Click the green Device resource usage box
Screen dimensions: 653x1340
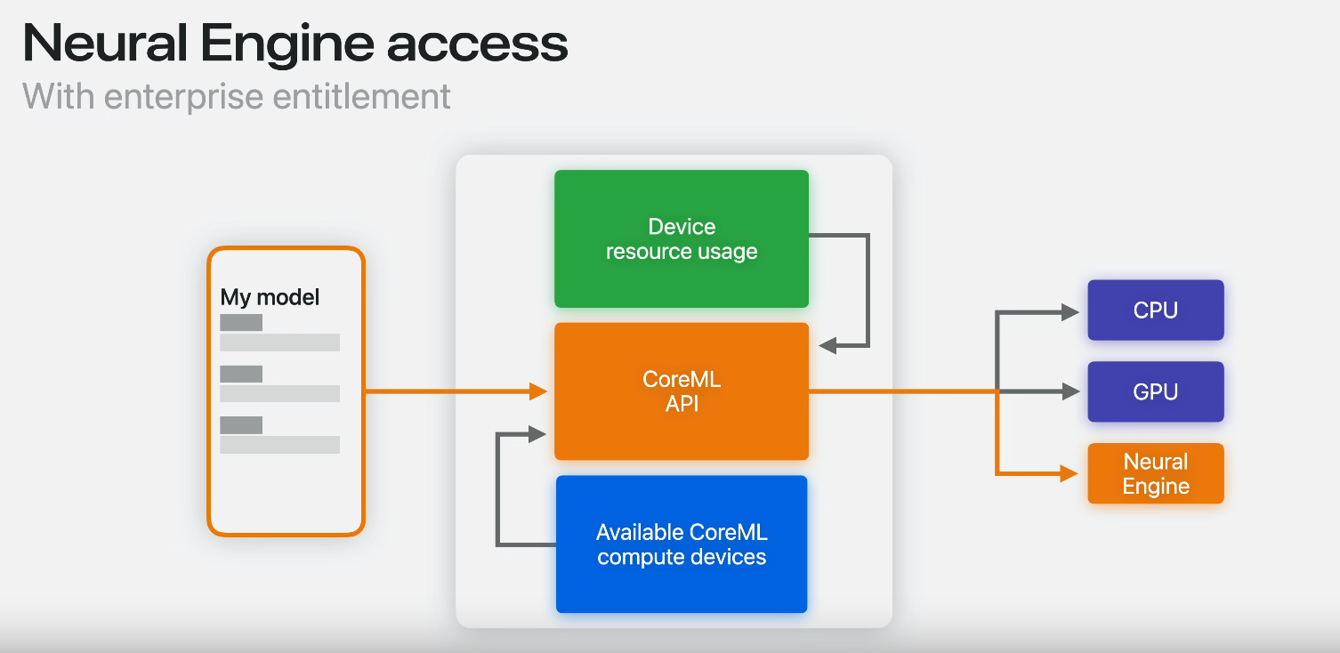(x=682, y=238)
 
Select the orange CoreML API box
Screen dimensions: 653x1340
(x=682, y=391)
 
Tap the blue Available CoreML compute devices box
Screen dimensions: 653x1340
(x=682, y=544)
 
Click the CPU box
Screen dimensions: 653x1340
(x=1156, y=310)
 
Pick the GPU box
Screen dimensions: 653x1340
(x=1156, y=391)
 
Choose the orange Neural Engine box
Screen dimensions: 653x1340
(x=1156, y=473)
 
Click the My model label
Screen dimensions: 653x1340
(x=270, y=297)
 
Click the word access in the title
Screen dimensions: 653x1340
(x=478, y=44)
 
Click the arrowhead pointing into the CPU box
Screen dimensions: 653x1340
(x=1070, y=312)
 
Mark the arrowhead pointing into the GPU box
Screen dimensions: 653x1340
(x=1070, y=391)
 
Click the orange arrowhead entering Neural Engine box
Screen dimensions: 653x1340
(x=1070, y=473)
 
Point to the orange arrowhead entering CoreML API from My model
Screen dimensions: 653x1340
(x=537, y=391)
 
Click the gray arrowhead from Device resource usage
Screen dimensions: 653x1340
(x=827, y=345)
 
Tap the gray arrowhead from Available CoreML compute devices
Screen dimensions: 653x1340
(x=537, y=434)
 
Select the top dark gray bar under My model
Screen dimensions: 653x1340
(x=241, y=323)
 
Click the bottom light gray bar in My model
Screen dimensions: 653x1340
(x=279, y=445)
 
